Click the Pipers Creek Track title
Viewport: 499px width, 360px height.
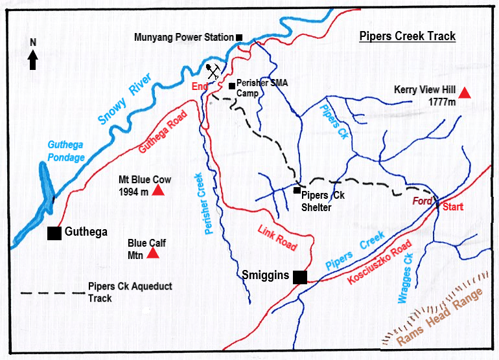point(408,36)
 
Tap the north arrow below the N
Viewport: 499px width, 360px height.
point(33,60)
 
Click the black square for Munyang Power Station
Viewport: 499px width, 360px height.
point(238,38)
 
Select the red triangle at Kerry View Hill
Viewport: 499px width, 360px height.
point(464,93)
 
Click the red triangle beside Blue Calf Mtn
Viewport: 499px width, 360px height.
point(153,253)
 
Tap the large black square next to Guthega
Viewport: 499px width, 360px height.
point(54,233)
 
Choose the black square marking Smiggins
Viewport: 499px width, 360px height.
point(299,277)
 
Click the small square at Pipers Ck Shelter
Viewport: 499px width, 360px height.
point(296,190)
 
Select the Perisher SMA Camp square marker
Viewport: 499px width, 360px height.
point(231,85)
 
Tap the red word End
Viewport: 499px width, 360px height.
point(199,87)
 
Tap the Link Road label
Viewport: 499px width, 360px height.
point(277,238)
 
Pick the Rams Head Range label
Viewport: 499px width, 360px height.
point(439,317)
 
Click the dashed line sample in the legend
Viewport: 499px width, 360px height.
point(52,293)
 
